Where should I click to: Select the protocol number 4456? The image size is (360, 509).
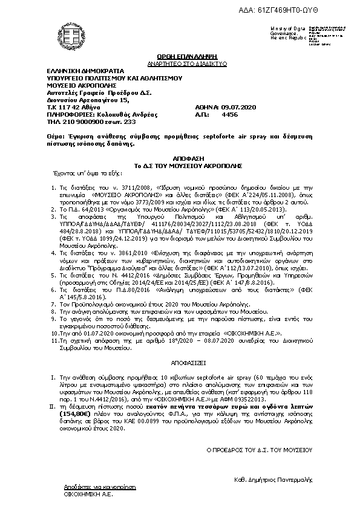230,114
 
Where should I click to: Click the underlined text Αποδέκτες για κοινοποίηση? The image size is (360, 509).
93,486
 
